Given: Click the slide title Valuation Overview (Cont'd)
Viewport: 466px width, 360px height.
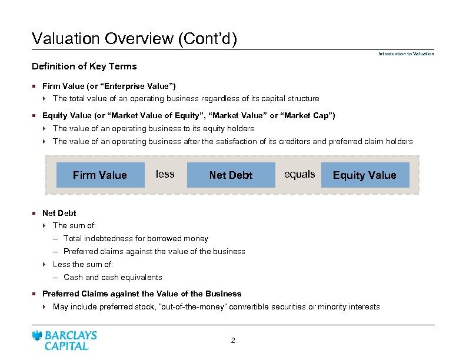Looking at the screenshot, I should (134, 39).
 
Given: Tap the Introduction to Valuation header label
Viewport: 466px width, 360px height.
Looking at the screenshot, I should (406, 54).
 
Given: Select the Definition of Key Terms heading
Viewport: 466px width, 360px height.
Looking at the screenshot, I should (84, 66).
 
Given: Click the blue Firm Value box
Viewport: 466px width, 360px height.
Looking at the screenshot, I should (100, 175).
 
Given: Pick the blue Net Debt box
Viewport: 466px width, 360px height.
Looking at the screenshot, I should (231, 175).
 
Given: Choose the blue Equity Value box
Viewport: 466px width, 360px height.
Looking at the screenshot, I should (365, 175).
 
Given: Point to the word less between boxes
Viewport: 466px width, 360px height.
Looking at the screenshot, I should (165, 174).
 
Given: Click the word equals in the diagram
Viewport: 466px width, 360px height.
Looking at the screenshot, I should (299, 174).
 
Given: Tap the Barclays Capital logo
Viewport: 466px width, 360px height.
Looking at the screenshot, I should (65, 341).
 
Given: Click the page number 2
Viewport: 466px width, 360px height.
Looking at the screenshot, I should (233, 341).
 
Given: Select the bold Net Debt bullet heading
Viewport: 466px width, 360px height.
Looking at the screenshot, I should (59, 213).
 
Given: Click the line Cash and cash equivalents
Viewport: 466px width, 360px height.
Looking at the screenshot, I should (112, 277).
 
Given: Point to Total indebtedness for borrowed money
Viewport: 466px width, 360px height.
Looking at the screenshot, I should (135, 238).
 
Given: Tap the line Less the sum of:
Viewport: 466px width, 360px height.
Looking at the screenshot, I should (82, 264).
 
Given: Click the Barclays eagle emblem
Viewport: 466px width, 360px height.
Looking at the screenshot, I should (37, 336).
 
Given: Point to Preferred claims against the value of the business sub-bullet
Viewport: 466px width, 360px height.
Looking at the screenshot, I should (154, 251).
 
